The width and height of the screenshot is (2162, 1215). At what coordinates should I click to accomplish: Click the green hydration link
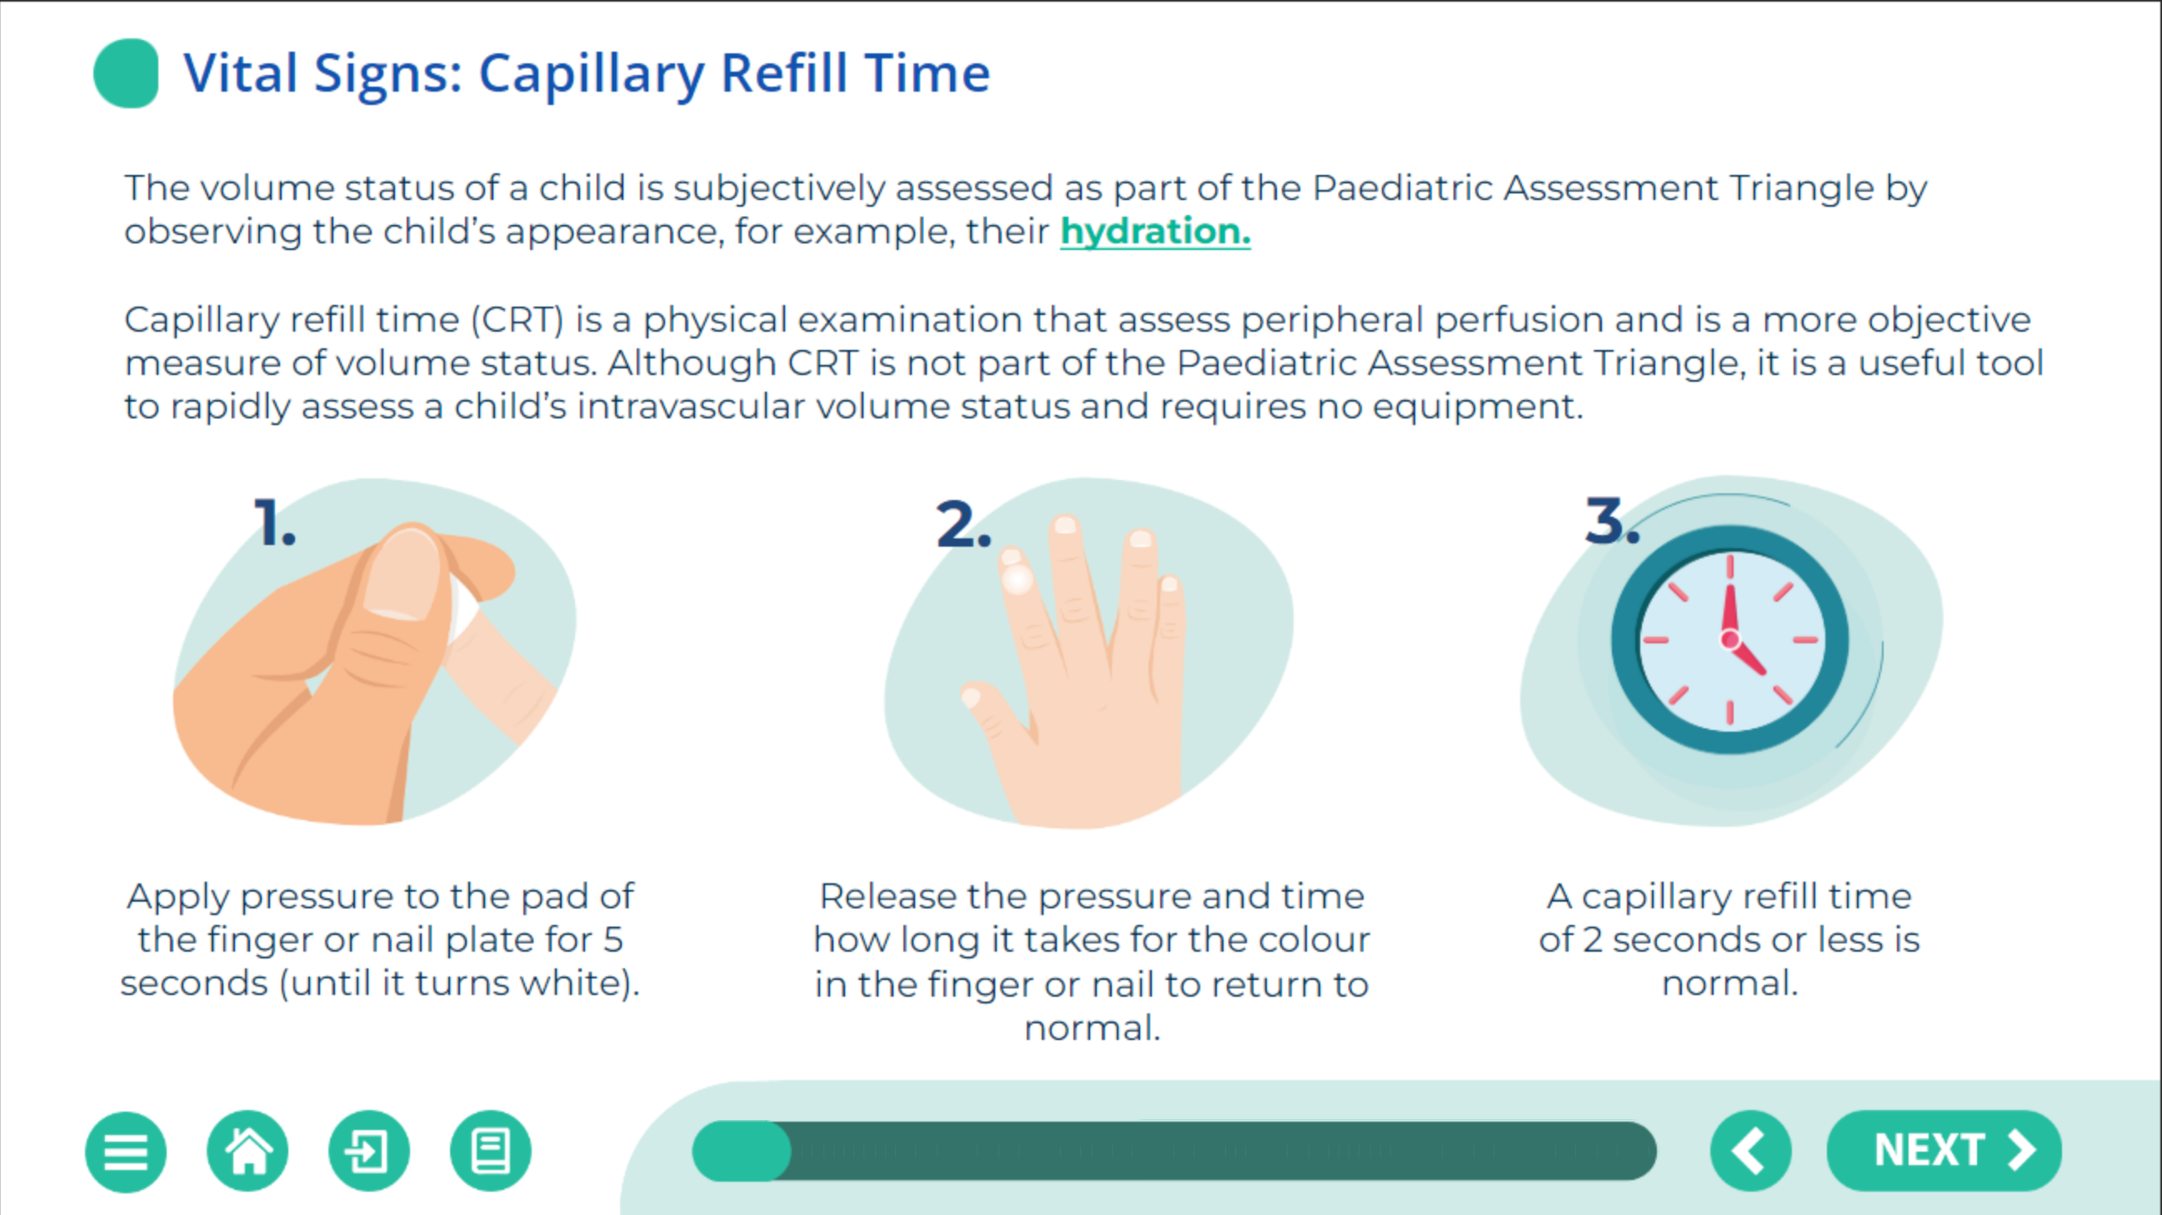tap(1155, 232)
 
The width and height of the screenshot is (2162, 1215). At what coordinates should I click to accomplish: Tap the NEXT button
tap(1944, 1150)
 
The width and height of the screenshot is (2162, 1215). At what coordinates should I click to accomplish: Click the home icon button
tap(248, 1151)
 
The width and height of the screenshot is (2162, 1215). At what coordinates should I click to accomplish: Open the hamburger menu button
tap(126, 1151)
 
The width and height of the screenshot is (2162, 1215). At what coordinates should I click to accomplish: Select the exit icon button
tap(369, 1151)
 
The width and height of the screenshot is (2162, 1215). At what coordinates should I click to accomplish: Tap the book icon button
tap(491, 1151)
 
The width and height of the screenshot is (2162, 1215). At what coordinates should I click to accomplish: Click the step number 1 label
tap(274, 522)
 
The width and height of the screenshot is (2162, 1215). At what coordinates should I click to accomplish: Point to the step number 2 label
tap(963, 523)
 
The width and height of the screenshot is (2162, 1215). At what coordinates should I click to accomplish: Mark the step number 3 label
tap(1611, 520)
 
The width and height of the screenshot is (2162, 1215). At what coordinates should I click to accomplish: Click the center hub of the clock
tap(1729, 640)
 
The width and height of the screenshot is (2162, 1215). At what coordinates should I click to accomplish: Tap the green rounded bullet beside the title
tap(126, 73)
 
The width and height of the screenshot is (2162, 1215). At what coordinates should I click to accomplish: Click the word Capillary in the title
tap(592, 75)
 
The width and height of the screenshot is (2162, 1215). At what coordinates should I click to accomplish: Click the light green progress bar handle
tap(741, 1151)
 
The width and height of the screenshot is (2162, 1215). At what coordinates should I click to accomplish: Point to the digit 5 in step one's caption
tap(613, 940)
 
